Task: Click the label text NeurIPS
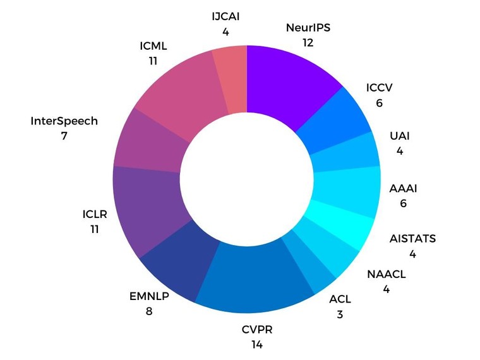pyautogui.click(x=308, y=28)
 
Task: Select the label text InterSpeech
pyautogui.click(x=64, y=121)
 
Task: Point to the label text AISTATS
pyautogui.click(x=412, y=239)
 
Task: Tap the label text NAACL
pyautogui.click(x=386, y=274)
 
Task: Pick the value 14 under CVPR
pyautogui.click(x=256, y=345)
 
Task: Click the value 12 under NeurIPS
pyautogui.click(x=308, y=43)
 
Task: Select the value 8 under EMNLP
pyautogui.click(x=149, y=311)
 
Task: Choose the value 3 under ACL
pyautogui.click(x=340, y=314)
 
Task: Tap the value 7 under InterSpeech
pyautogui.click(x=64, y=136)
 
